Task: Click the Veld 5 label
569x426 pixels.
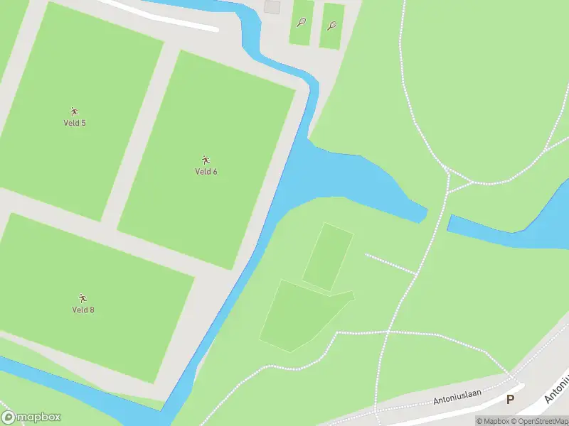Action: click(x=74, y=123)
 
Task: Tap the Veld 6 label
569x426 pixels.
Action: click(x=206, y=171)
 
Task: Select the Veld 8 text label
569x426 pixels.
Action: click(x=83, y=310)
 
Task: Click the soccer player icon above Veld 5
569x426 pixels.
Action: click(x=74, y=111)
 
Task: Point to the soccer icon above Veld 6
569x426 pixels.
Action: click(x=206, y=160)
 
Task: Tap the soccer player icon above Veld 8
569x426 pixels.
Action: click(x=83, y=298)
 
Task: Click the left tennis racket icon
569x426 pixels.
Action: click(x=302, y=22)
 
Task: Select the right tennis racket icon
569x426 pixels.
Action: click(x=332, y=26)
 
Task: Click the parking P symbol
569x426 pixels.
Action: click(x=509, y=400)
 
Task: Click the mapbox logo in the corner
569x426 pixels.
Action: click(x=31, y=417)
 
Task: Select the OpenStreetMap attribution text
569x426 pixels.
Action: click(x=540, y=421)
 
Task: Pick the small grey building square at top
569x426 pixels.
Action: click(x=272, y=6)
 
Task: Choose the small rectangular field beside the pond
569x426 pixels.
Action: click(x=328, y=256)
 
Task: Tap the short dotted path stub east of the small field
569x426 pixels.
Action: click(x=390, y=263)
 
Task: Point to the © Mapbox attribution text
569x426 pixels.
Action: click(x=492, y=421)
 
